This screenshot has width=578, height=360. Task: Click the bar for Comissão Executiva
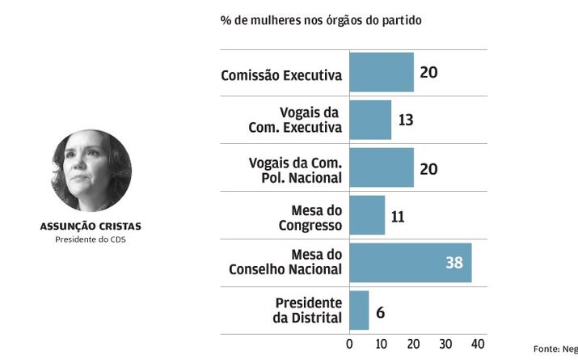pyautogui.click(x=381, y=73)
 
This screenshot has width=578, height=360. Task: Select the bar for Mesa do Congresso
pyautogui.click(x=366, y=215)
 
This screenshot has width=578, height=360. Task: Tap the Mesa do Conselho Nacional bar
pyautogui.click(x=410, y=263)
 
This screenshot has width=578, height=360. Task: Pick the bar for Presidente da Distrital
pyautogui.click(x=359, y=311)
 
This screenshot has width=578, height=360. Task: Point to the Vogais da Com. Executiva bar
pyautogui.click(x=369, y=120)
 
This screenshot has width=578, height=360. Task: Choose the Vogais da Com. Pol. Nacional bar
pyautogui.click(x=381, y=167)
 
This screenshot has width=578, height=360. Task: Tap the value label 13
pyautogui.click(x=406, y=121)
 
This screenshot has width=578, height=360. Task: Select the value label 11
pyautogui.click(x=397, y=216)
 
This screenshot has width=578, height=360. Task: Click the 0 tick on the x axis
pyautogui.click(x=349, y=344)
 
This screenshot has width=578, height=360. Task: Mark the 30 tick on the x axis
pyautogui.click(x=445, y=344)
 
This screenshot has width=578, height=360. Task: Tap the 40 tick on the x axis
pyautogui.click(x=477, y=344)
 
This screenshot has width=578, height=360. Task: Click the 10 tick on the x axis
pyautogui.click(x=381, y=344)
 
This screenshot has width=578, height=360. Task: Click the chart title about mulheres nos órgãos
pyautogui.click(x=320, y=19)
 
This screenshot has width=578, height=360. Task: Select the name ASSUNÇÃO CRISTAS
pyautogui.click(x=91, y=227)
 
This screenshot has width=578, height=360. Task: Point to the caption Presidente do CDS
pyautogui.click(x=91, y=239)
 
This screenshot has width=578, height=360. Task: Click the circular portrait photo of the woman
pyautogui.click(x=91, y=172)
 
